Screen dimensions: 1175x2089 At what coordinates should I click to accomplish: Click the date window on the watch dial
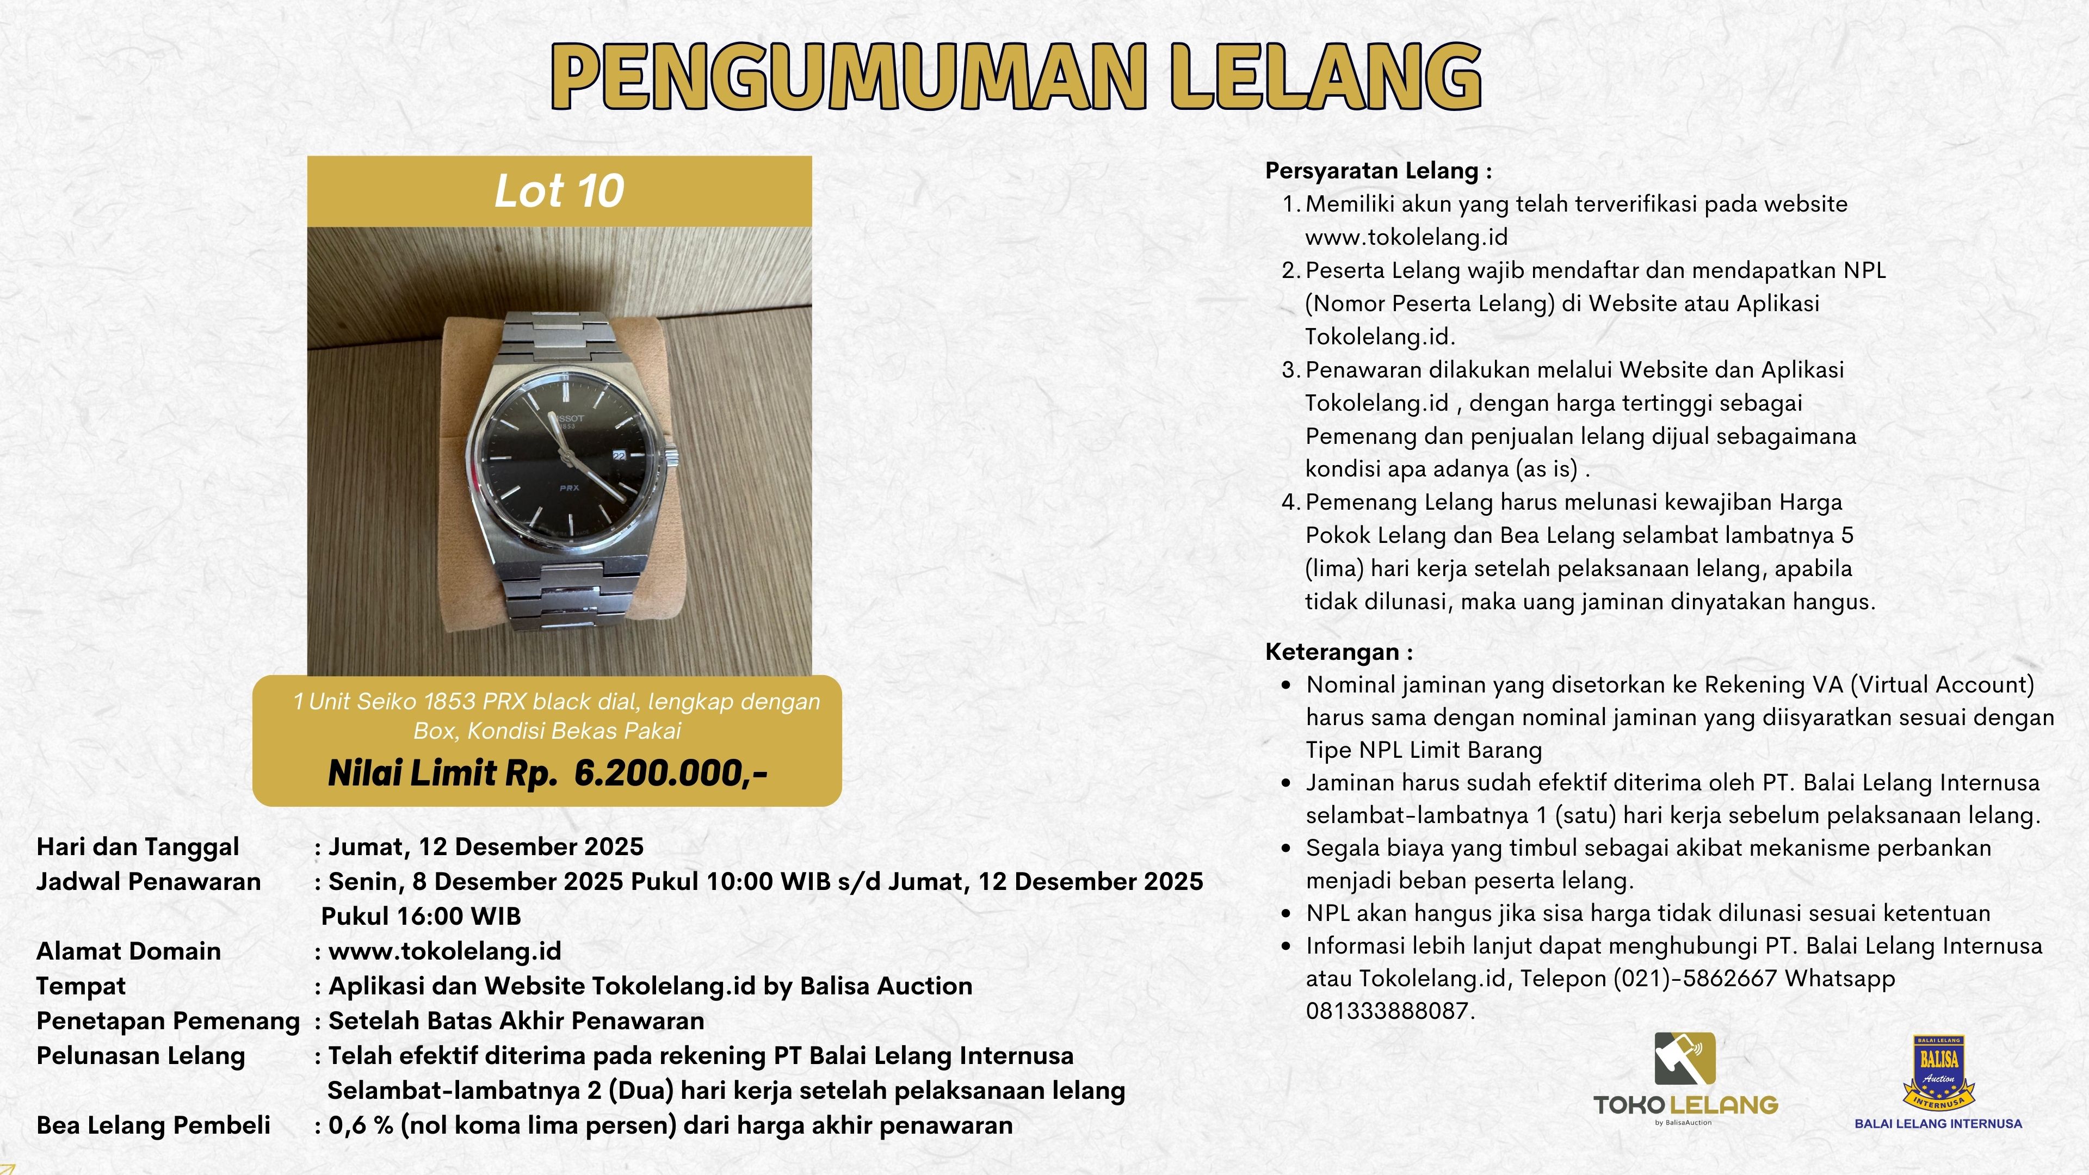[x=619, y=456]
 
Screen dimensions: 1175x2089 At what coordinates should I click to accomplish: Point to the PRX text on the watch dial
[x=568, y=487]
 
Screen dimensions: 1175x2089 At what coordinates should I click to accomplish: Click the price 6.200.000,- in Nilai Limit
[x=670, y=774]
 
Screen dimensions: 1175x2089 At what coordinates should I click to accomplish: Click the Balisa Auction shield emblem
[x=1938, y=1071]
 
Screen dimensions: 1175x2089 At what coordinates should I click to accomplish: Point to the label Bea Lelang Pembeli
[x=153, y=1125]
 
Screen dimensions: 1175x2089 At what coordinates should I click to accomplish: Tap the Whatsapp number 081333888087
[x=1388, y=1011]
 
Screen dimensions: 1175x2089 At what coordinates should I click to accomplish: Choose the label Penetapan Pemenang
[x=168, y=1021]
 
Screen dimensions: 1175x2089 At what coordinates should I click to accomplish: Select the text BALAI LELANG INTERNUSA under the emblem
[x=1938, y=1124]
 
